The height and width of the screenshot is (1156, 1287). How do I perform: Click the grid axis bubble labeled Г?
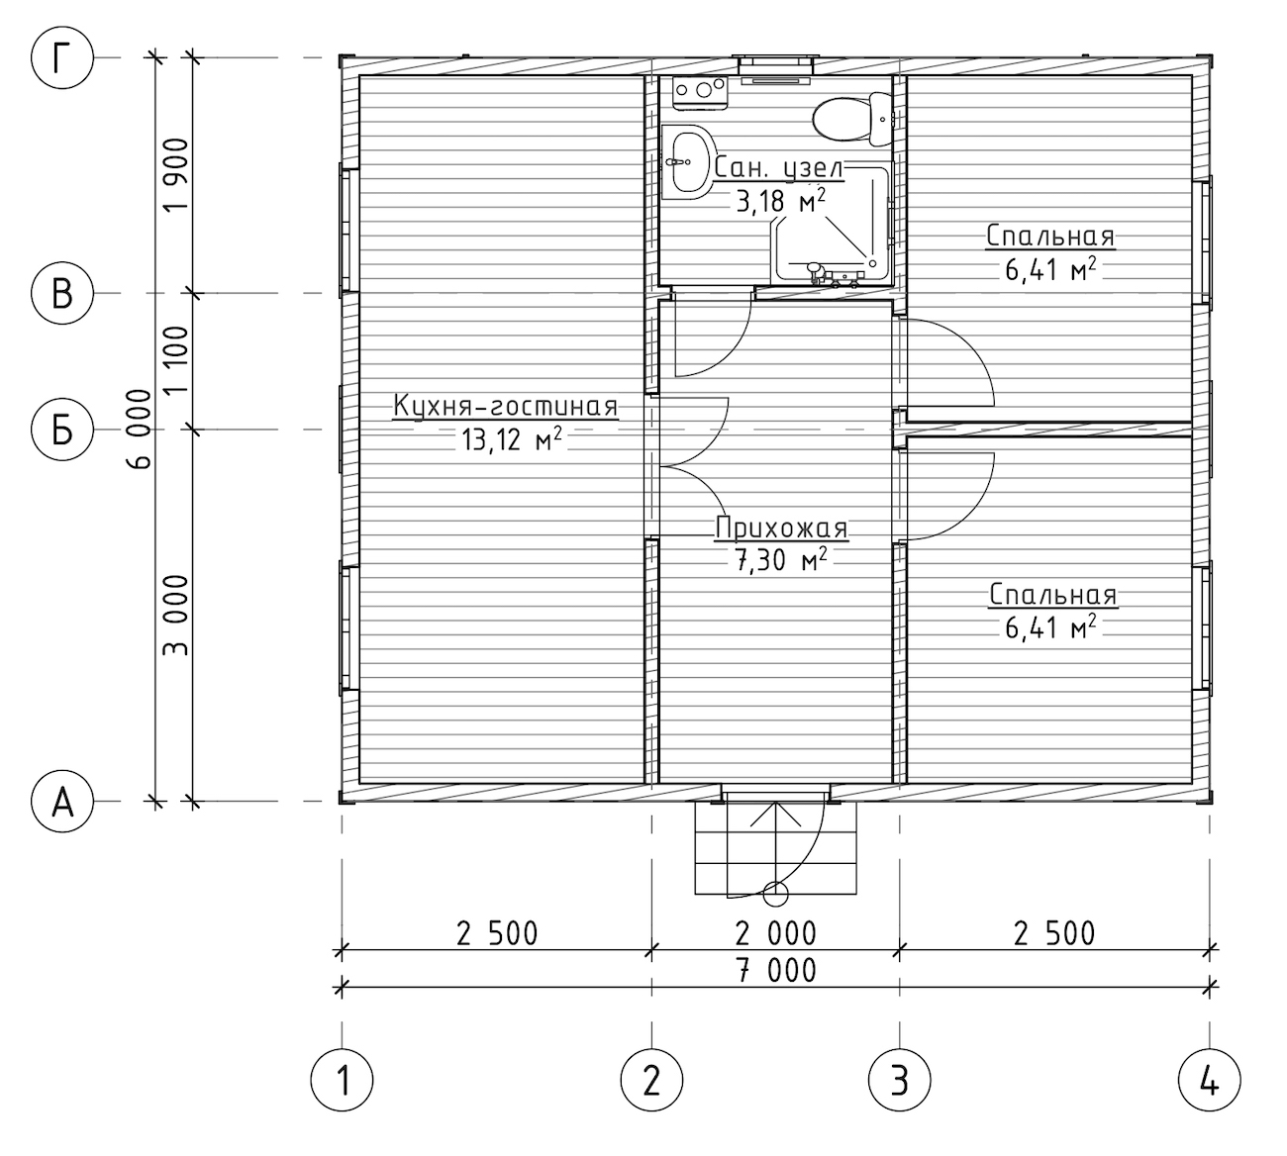[x=62, y=57]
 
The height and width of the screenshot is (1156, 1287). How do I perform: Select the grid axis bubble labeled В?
[x=62, y=293]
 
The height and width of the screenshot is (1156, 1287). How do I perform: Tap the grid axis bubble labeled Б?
[x=62, y=430]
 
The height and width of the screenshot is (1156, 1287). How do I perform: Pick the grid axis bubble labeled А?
[x=62, y=801]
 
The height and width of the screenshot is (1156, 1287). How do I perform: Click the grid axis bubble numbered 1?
[x=342, y=1080]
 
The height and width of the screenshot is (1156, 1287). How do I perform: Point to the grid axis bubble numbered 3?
[x=900, y=1080]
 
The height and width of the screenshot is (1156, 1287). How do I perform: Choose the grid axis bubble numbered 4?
[x=1210, y=1080]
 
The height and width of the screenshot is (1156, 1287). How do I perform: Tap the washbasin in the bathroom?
[x=688, y=161]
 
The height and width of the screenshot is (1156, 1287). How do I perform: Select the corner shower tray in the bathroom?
[x=832, y=224]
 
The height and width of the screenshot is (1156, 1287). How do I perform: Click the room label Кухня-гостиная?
[x=506, y=407]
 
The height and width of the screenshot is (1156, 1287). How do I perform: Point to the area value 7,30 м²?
[x=781, y=560]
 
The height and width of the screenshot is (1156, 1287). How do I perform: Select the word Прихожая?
[x=781, y=528]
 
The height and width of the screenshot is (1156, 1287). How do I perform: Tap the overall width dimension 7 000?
[x=775, y=970]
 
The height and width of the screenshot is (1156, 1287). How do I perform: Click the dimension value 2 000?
[x=775, y=933]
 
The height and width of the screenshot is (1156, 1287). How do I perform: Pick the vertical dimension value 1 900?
[x=176, y=175]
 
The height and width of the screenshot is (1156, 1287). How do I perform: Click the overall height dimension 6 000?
[x=140, y=430]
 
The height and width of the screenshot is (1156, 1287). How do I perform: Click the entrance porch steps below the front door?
[x=775, y=848]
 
